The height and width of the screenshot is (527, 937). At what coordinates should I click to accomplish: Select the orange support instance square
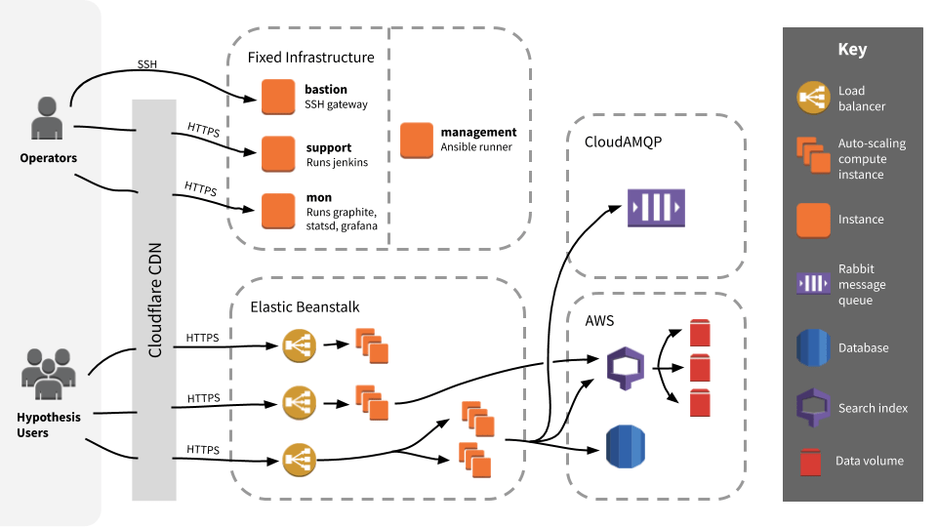tap(277, 153)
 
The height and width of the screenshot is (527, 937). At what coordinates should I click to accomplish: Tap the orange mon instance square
tap(277, 209)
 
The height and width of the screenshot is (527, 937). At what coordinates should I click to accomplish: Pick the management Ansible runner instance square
tap(417, 140)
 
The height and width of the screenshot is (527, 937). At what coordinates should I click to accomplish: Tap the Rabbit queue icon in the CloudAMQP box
tap(656, 207)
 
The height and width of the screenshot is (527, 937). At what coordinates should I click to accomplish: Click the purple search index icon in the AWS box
tap(626, 368)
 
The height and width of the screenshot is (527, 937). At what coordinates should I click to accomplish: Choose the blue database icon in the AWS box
tap(625, 447)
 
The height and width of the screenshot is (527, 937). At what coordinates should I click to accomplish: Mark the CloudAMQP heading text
tap(623, 142)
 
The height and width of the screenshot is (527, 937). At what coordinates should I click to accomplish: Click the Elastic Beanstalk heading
tap(305, 306)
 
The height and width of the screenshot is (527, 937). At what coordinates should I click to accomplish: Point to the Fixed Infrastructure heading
tap(310, 58)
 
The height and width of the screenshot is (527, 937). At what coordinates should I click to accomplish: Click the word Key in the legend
tap(852, 50)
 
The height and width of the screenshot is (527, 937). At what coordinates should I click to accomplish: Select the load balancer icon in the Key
tap(811, 98)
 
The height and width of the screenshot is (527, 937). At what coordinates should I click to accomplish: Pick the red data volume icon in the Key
tap(810, 461)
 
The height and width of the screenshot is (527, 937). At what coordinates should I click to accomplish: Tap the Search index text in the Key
tap(873, 408)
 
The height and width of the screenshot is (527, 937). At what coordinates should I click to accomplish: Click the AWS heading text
tap(599, 320)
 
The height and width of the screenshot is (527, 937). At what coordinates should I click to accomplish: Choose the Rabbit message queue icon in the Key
tap(811, 284)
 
